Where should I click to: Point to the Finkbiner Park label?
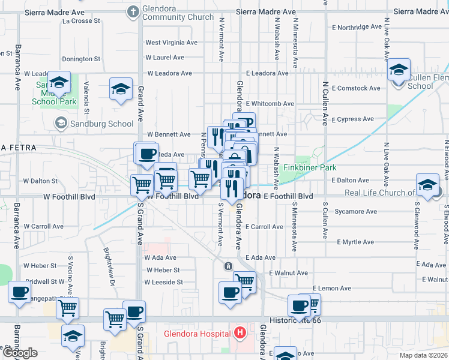click(310, 168)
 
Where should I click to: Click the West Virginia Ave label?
click(171, 43)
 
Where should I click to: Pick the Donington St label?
click(81, 59)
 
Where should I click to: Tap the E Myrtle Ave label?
click(355, 242)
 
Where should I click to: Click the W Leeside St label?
click(163, 282)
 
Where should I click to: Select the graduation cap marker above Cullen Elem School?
click(399, 71)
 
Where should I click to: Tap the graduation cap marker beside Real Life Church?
click(427, 185)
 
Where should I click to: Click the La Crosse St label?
click(81, 20)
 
